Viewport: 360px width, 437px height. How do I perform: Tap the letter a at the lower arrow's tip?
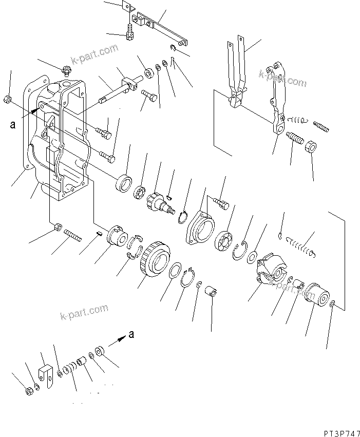pos(131,335)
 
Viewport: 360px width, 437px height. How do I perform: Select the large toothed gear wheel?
pos(154,257)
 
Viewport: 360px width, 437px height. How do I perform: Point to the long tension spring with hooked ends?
pos(300,244)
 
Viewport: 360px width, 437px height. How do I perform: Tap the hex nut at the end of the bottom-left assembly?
pos(29,391)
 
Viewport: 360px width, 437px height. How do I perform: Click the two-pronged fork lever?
pos(237,72)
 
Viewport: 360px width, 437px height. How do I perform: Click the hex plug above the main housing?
pos(66,68)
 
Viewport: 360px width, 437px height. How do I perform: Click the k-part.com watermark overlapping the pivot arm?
pos(282,78)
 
